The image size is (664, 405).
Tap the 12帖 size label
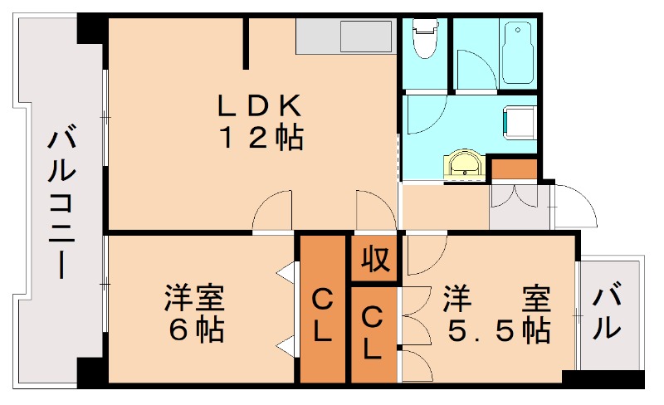tap(260, 137)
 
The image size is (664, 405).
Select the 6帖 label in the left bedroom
tap(197, 330)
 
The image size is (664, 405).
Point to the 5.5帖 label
tap(499, 330)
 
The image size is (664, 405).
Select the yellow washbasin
tap(465, 164)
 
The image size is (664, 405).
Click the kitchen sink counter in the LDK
tap(344, 37)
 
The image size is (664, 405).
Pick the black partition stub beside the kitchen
tap(247, 43)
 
